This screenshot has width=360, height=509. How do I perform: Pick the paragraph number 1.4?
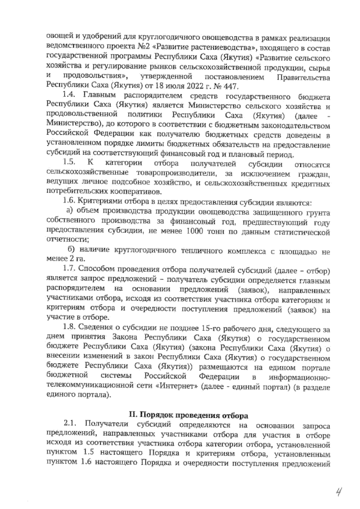coord(70,97)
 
